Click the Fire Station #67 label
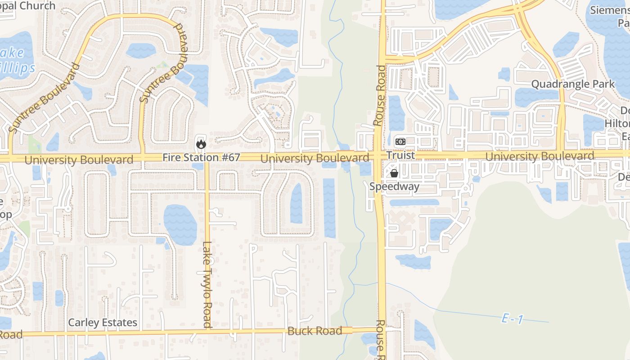point(201,157)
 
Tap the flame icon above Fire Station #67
point(201,144)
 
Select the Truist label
point(400,155)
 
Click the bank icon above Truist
point(400,142)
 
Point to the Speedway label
point(394,186)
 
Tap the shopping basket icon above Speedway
point(394,173)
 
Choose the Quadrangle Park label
point(573,84)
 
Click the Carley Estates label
point(103,323)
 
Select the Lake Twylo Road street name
point(207,284)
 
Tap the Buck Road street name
point(315,331)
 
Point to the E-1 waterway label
point(513,319)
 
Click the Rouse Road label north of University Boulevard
point(379,95)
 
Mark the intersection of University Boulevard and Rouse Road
point(381,156)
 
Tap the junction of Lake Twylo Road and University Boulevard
point(207,158)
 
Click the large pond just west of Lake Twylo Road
point(180,224)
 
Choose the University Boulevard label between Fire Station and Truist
point(315,158)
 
